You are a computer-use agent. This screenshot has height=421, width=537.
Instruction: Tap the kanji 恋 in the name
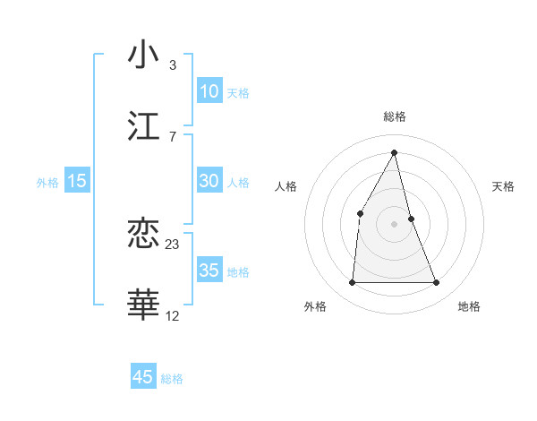(144, 234)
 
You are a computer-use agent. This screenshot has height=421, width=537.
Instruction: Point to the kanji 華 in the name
(144, 304)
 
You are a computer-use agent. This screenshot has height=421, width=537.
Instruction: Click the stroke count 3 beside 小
(172, 65)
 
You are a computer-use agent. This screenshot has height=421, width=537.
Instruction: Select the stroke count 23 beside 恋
(173, 244)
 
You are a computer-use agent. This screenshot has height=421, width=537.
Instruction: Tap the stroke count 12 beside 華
(173, 314)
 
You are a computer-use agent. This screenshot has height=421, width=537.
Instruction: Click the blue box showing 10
(209, 90)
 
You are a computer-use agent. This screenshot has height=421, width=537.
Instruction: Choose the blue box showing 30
(209, 181)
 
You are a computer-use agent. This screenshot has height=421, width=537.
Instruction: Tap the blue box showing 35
(209, 271)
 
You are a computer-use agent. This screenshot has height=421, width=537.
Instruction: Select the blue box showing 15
(77, 181)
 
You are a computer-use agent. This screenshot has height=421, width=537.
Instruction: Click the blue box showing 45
(143, 377)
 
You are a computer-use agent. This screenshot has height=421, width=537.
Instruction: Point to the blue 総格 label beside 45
(172, 379)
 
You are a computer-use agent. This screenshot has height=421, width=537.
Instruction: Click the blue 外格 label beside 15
(47, 183)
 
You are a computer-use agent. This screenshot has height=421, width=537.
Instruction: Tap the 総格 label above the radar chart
(395, 116)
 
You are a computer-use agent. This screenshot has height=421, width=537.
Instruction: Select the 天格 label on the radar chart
(504, 186)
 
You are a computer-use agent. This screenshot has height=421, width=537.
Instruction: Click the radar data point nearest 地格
(437, 283)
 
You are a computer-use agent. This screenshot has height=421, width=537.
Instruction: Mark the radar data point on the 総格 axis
(395, 152)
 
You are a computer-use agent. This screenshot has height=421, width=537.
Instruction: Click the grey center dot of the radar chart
(395, 224)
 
